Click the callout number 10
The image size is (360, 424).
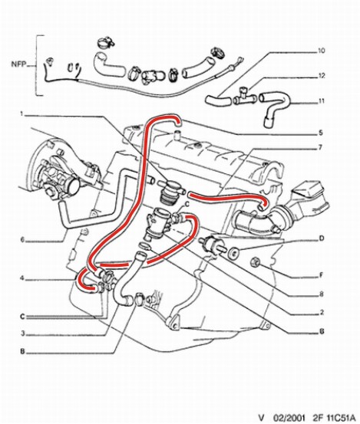pos(321,51)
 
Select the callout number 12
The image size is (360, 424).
pos(322,76)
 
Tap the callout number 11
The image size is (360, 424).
pos(321,101)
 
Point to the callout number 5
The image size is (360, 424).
pos(321,133)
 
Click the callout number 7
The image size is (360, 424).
pos(320,147)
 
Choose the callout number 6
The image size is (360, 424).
pos(22,240)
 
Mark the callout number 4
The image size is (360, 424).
pos(21,278)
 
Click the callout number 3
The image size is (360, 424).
pos(23,334)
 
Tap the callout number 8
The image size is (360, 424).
pos(322,294)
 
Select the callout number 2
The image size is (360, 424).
pos(322,312)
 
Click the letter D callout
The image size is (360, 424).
pos(322,238)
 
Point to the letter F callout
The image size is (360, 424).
pos(322,275)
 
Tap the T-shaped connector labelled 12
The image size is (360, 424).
pos(244,97)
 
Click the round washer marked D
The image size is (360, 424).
pos(233,252)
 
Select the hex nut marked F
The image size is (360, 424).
pos(256,261)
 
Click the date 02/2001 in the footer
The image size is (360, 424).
pos(289,417)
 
